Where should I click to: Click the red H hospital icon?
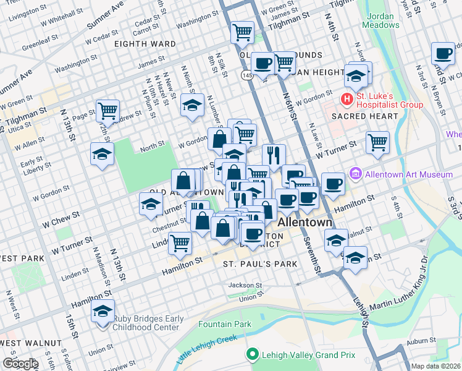(x=347, y=99)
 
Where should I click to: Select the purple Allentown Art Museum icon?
(x=355, y=175)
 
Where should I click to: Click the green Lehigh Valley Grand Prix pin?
(x=251, y=354)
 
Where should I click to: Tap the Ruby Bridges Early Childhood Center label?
(x=148, y=323)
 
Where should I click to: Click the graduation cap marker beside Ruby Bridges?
(x=103, y=312)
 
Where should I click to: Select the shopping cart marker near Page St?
(x=107, y=111)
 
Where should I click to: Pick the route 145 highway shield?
(x=246, y=74)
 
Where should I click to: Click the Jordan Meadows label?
(x=382, y=20)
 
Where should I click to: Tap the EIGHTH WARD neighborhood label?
(x=145, y=45)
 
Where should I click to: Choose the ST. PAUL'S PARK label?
(x=259, y=264)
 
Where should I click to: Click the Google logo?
(x=20, y=364)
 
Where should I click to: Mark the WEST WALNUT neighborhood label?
(x=31, y=343)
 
